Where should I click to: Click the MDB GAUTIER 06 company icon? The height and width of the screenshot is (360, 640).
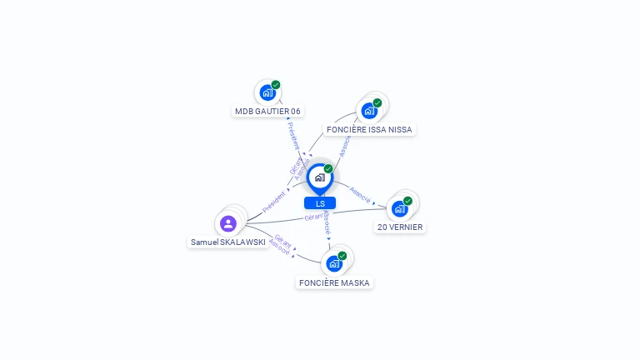point(267,92)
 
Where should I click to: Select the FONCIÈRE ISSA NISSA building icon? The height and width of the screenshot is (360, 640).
point(369,110)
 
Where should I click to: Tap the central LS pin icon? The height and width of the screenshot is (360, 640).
point(319,177)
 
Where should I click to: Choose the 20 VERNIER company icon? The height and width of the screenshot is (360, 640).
point(400,208)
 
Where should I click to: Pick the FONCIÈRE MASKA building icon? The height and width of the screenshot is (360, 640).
point(334,263)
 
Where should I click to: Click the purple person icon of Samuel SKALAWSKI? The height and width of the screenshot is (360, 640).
point(228,223)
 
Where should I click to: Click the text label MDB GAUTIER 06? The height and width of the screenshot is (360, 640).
point(267,111)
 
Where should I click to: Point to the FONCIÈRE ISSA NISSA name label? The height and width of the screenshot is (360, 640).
point(369,129)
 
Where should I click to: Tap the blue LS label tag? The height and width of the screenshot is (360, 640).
point(320,203)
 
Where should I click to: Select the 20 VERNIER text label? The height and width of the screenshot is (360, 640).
point(400,227)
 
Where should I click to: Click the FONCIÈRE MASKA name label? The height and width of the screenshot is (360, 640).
point(334,282)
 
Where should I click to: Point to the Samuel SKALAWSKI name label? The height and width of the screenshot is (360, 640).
point(228,242)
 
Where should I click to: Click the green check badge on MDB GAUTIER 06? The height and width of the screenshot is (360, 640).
point(276,84)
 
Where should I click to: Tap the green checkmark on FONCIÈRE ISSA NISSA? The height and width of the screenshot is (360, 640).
point(377,102)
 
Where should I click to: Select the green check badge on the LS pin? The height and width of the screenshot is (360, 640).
point(328,168)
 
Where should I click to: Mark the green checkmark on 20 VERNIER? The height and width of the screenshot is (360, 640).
point(408,200)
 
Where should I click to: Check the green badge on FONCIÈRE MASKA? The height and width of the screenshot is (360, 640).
point(342,255)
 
